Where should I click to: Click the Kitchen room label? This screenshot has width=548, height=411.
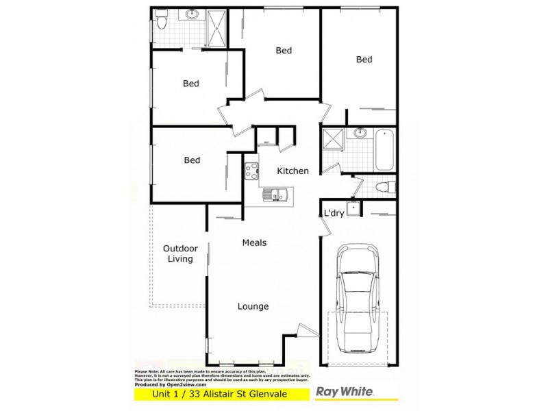pyautogui.click(x=292, y=171)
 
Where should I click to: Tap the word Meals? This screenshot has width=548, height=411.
pyautogui.click(x=254, y=242)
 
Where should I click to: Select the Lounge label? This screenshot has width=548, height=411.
pyautogui.click(x=253, y=306)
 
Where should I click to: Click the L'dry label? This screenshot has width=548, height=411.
pyautogui.click(x=334, y=213)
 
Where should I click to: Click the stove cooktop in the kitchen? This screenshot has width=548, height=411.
pyautogui.click(x=251, y=170)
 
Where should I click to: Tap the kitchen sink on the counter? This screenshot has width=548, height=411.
pyautogui.click(x=277, y=196)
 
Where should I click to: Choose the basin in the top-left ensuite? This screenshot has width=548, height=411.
pyautogui.click(x=191, y=14)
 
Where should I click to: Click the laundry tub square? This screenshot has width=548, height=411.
pyautogui.click(x=353, y=209)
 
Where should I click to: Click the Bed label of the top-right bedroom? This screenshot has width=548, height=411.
pyautogui.click(x=364, y=60)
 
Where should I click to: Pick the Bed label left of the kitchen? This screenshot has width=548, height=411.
pyautogui.click(x=192, y=160)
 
